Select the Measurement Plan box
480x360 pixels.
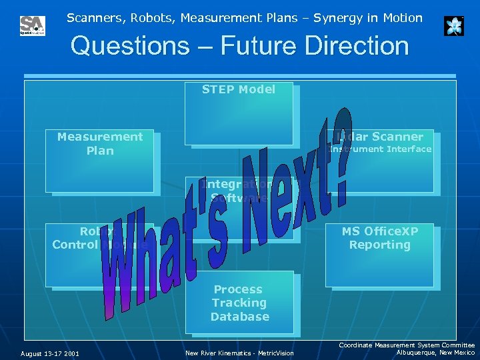[99, 160]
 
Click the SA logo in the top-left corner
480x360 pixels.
[32, 26]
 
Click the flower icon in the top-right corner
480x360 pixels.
[453, 26]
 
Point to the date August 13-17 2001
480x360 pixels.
[50, 353]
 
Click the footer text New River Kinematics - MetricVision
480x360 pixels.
[239, 353]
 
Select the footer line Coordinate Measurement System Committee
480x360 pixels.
[407, 345]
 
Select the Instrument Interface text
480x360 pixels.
[380, 149]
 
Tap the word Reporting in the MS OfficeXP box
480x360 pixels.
[380, 245]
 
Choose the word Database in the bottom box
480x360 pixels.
[239, 317]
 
